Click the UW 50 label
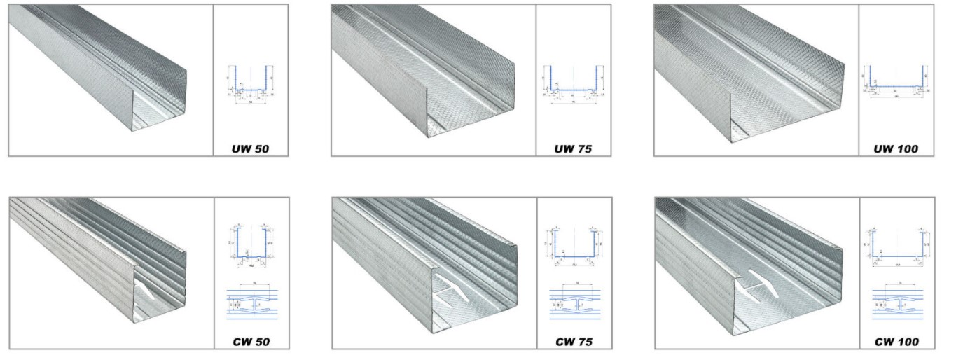point(250,149)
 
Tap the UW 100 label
point(896,149)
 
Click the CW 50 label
point(250,342)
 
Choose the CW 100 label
point(896,342)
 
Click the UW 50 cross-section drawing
point(250,83)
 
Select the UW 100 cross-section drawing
point(896,83)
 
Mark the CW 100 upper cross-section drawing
point(896,245)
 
